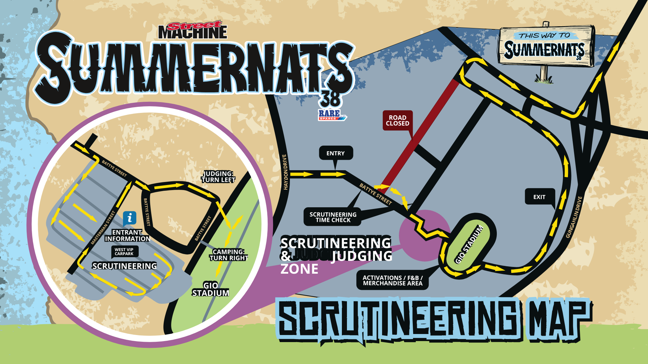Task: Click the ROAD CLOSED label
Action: (397, 120)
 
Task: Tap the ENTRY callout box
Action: (336, 153)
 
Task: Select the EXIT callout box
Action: (539, 197)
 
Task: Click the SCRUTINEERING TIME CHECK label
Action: (333, 217)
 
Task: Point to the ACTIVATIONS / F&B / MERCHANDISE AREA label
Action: (393, 280)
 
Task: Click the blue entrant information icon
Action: (130, 218)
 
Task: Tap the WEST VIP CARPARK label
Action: (124, 252)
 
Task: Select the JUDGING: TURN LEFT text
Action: (218, 177)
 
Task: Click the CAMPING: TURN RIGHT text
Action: (228, 255)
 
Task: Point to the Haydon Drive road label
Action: (285, 172)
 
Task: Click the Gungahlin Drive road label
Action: (574, 217)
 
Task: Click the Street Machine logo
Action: (193, 30)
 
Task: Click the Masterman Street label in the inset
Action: (103, 227)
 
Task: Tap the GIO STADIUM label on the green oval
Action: (469, 244)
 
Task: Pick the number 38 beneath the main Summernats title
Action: (330, 99)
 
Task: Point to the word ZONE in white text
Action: (299, 269)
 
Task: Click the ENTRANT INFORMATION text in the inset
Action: (127, 236)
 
